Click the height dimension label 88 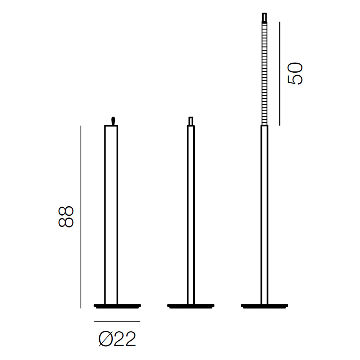point(66,216)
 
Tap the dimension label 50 point(295,73)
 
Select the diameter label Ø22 point(117,339)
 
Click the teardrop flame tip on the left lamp point(113,121)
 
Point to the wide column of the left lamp point(111,215)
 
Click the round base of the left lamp point(117,306)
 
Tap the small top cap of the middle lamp point(190,121)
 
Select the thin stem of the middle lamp point(191,215)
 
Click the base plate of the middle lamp point(191,306)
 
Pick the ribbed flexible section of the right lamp point(265,73)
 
